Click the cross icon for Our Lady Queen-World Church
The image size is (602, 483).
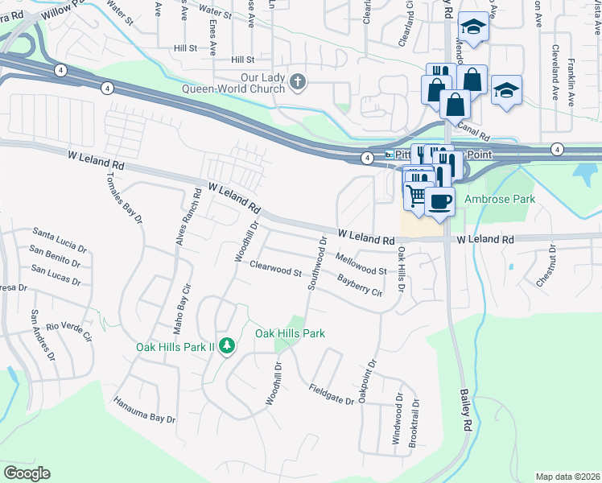coord(298,80)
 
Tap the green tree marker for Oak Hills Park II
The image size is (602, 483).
coord(228,345)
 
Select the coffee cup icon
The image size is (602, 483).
coord(439,201)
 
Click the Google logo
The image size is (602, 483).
coord(27,473)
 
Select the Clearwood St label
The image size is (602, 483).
coord(275,269)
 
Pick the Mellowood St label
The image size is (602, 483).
coord(361,263)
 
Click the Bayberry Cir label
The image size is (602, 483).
coord(359,286)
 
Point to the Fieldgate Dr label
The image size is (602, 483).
coord(331,394)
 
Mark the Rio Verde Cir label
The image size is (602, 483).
coord(70,330)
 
